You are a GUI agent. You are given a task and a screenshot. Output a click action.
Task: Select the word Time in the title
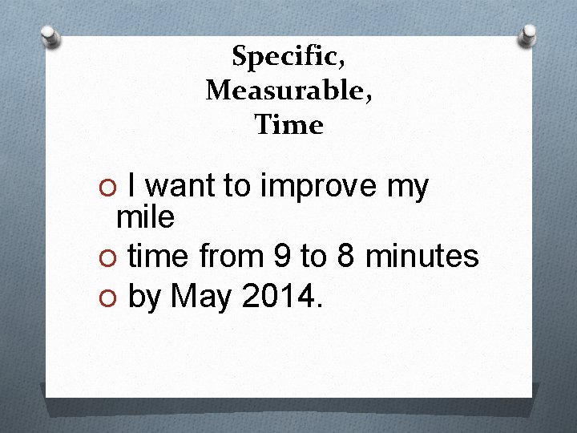click(288, 125)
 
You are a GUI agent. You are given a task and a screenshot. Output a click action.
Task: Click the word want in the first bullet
click(180, 187)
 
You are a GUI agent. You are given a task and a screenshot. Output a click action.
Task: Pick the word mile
click(145, 216)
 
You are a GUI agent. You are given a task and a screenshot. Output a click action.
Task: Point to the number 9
click(282, 257)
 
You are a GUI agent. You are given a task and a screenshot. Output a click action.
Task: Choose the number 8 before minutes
click(345, 257)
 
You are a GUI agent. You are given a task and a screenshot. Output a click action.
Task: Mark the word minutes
click(422, 257)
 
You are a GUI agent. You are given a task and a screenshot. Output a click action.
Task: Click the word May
click(201, 298)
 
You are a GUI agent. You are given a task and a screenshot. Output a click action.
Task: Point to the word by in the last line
click(144, 299)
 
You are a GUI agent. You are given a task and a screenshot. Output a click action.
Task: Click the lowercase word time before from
click(158, 257)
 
